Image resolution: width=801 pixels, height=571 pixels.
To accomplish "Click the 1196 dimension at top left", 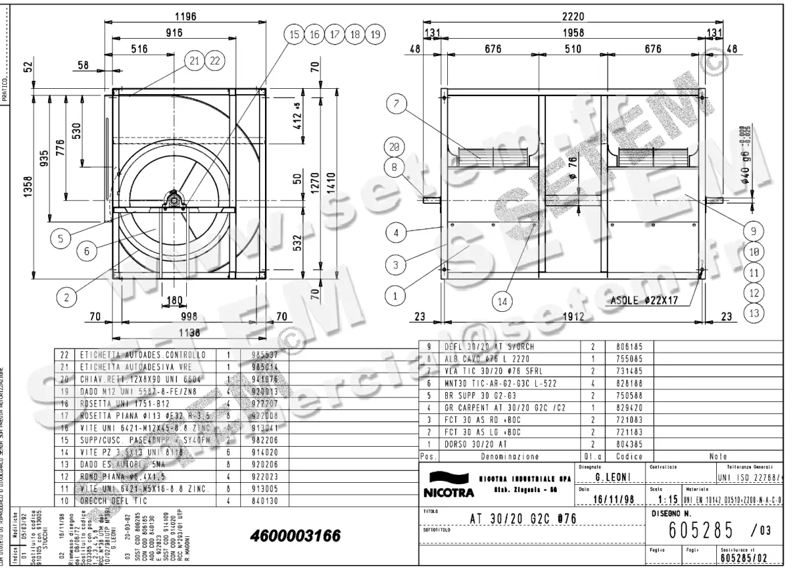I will pyautogui.click(x=185, y=17).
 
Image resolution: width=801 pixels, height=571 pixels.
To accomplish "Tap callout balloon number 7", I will pyautogui.click(x=396, y=104).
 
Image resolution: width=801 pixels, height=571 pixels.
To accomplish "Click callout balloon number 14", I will pyautogui.click(x=502, y=301).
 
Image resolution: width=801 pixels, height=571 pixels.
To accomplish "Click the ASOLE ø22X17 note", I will pyautogui.click(x=644, y=301).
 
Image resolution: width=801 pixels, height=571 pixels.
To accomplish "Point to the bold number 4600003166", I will pyautogui.click(x=295, y=536).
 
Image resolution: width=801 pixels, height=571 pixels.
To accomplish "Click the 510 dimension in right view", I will pyautogui.click(x=572, y=49).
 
